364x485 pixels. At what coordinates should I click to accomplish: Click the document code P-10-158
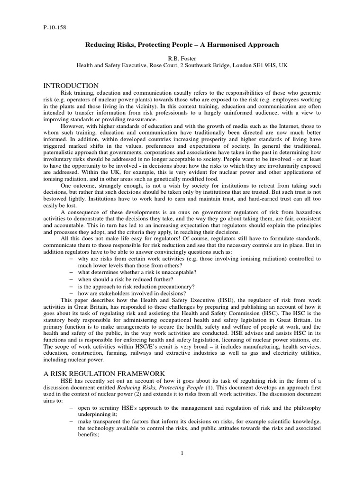click(55, 27)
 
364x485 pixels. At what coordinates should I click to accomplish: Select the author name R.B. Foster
click(182, 58)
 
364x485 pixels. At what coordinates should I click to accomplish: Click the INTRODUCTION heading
click(71, 86)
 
